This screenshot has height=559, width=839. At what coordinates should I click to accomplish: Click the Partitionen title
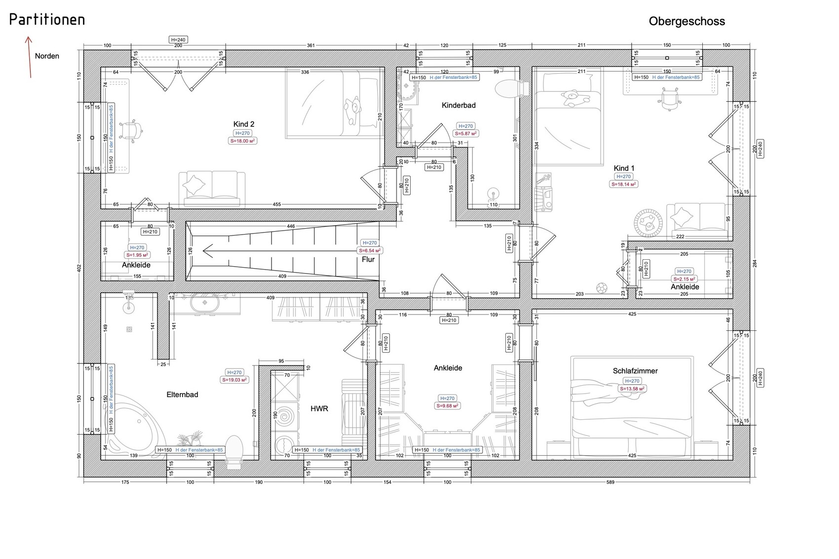[x=47, y=20]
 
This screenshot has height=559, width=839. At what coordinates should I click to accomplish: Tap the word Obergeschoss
[x=686, y=21]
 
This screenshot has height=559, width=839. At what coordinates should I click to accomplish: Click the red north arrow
[x=30, y=57]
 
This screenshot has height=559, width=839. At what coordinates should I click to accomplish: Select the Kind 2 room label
[x=244, y=124]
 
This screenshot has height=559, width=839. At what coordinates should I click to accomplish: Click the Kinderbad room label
[x=458, y=105]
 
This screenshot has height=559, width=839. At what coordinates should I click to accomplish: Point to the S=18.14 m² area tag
[x=624, y=184]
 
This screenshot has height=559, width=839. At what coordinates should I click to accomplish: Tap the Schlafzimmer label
[x=635, y=371]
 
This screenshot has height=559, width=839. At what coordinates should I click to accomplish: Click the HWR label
[x=319, y=409]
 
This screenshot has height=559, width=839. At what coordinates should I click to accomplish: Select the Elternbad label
[x=182, y=395]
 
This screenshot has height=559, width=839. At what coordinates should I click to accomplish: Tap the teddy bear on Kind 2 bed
[x=353, y=111]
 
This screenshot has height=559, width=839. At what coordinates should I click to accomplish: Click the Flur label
[x=368, y=259]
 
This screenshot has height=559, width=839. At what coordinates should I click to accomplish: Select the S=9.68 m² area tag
[x=448, y=406]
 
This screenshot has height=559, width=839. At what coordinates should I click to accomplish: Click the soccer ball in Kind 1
[x=601, y=287]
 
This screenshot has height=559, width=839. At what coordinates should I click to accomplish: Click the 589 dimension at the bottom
[x=610, y=482]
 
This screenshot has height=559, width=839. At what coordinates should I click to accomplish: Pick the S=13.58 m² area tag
[x=632, y=389]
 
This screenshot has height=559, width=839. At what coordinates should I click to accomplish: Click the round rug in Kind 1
[x=648, y=223]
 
